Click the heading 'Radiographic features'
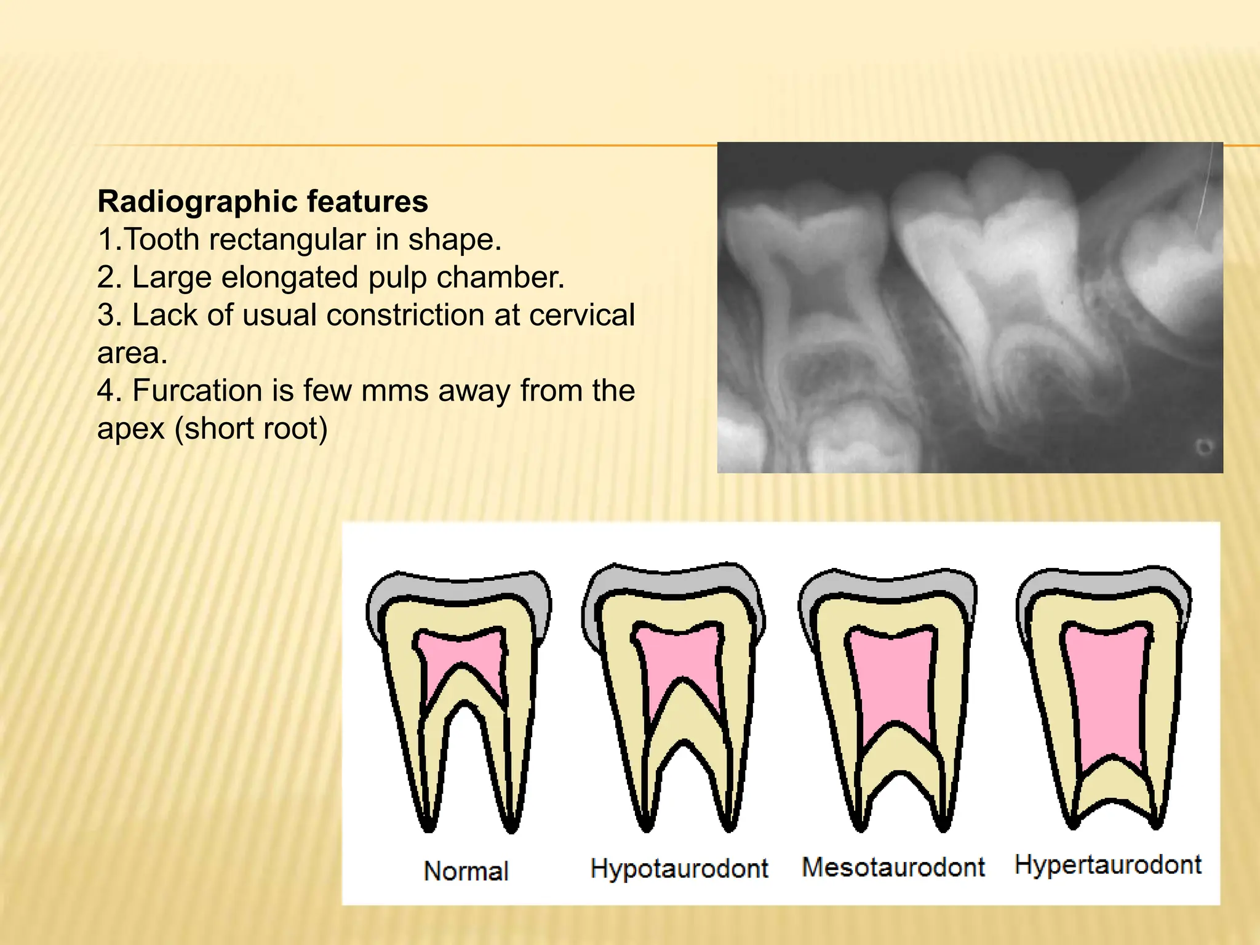pos(263,202)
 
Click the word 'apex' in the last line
pos(130,429)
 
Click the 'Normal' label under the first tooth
pos(466,871)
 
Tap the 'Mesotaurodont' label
pos(893,867)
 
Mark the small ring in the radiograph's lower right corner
pos(1204,447)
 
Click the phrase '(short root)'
pos(251,429)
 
